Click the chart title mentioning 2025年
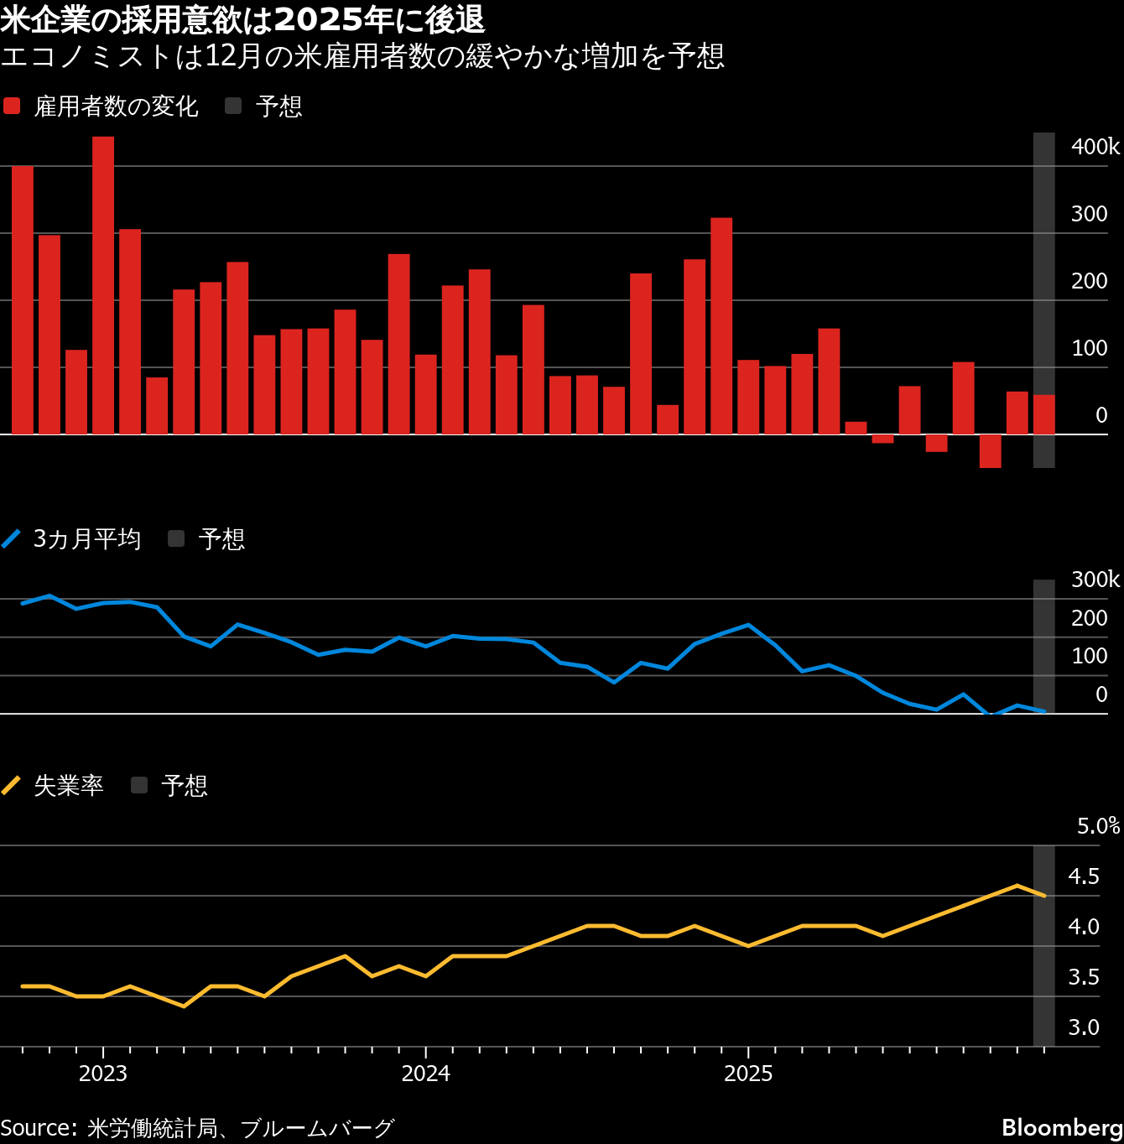242,18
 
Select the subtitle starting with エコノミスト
362,56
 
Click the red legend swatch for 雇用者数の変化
12,106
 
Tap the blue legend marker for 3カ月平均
12,538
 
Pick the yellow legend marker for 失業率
12,785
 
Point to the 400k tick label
1095,147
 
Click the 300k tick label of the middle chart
1095,580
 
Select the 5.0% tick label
1098,826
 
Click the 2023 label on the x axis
102,1074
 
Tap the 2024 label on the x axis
425,1074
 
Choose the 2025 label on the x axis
747,1074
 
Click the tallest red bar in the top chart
103,285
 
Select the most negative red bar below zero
990,451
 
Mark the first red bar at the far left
23,299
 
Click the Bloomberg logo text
1062,1127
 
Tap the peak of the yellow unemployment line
1017,885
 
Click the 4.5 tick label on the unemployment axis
1083,876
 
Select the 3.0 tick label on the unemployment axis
1083,1027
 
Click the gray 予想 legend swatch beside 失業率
139,785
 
